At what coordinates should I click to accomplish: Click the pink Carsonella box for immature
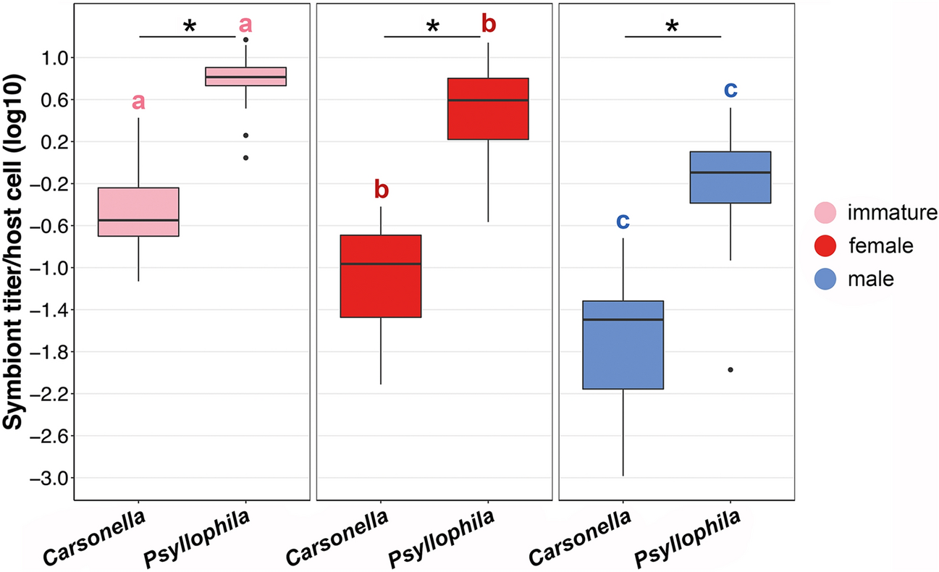click(x=138, y=211)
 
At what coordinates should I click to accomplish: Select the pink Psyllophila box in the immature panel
click(x=245, y=76)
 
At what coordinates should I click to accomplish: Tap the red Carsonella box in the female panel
click(x=381, y=276)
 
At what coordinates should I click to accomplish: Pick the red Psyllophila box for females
click(x=488, y=108)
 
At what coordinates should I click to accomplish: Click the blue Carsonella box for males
click(x=623, y=345)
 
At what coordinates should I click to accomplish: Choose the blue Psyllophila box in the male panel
click(x=730, y=177)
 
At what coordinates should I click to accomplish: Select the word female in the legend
click(x=873, y=246)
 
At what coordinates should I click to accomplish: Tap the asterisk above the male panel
click(x=672, y=27)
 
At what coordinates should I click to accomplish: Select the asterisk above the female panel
click(x=433, y=28)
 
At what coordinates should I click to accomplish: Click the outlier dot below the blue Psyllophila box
click(x=730, y=370)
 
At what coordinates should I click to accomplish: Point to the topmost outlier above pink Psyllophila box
click(x=246, y=41)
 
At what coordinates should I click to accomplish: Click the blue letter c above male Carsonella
click(x=623, y=222)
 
